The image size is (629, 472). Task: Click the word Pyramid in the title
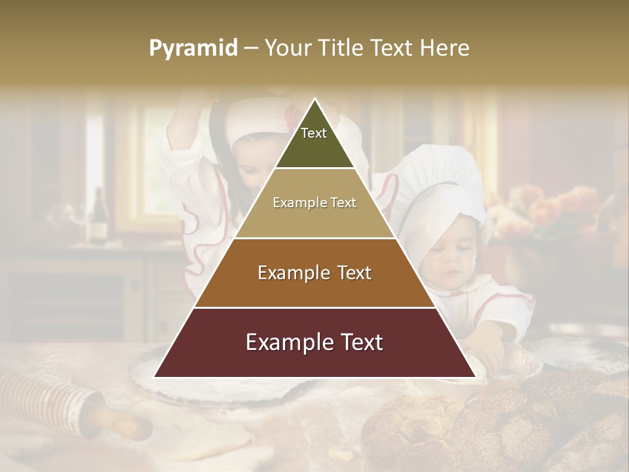(193, 49)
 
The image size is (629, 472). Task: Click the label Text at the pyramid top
(313, 133)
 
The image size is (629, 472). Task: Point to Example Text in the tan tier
(314, 203)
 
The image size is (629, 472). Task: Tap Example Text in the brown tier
(314, 273)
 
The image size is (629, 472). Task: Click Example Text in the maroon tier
(314, 342)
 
